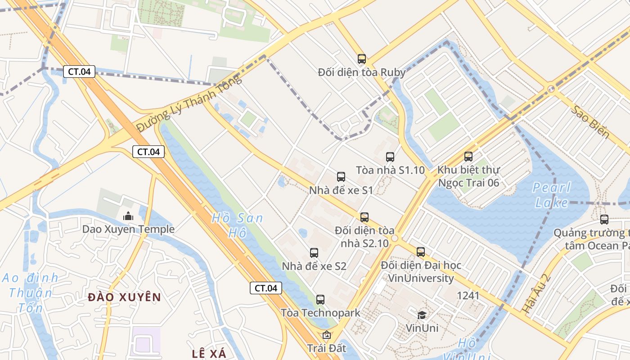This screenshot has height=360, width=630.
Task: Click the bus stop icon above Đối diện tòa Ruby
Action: point(361,58)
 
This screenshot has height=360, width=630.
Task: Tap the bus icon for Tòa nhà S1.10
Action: point(390,157)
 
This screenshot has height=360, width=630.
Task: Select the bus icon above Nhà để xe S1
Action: point(341,177)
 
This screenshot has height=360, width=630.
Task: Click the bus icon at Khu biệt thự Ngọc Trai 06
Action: point(468,157)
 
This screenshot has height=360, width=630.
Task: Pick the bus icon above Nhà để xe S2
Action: point(314,253)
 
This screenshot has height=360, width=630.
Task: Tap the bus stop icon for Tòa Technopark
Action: point(320,299)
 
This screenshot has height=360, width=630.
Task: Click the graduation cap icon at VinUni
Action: point(422,315)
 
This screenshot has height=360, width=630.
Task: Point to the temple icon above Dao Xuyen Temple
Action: point(128,216)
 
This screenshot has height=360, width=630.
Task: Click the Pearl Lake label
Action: point(552,195)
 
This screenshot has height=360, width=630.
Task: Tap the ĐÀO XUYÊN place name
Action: point(124,297)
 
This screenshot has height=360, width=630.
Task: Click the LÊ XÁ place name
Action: point(209,353)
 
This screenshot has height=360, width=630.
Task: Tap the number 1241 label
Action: point(468,296)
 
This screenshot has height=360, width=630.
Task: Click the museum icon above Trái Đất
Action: point(326,335)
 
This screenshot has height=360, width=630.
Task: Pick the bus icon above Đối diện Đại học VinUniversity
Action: point(421,252)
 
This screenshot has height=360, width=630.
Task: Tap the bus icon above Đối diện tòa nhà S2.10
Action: point(364,217)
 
